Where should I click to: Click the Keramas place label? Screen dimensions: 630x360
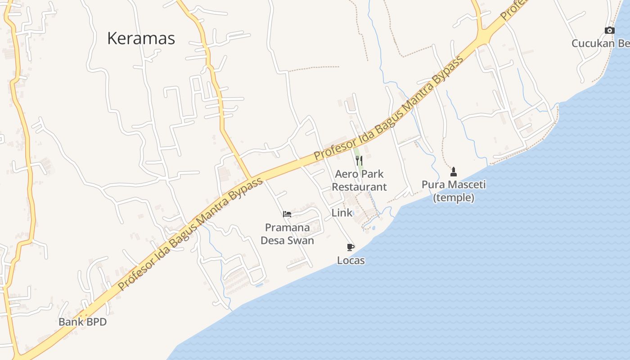141,39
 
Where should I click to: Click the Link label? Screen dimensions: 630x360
342,213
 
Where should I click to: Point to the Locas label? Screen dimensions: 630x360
351,261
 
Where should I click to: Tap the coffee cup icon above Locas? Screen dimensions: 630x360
351,247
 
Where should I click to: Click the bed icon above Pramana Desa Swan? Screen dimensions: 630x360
287,214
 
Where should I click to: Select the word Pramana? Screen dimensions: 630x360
287,228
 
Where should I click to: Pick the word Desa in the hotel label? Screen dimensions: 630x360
273,241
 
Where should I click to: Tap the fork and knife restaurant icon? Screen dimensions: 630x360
359,161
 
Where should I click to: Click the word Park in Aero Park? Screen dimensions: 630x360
373,174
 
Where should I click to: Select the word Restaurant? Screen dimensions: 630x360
359,187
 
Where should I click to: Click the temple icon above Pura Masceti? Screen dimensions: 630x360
454,171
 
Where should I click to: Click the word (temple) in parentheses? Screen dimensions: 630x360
454,198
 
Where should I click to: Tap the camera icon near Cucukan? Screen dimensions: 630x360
610,30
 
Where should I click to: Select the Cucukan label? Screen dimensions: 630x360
593,44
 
